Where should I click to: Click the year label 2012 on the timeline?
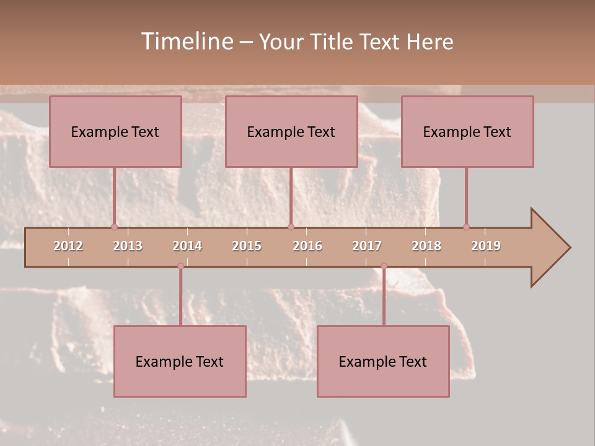[x=68, y=246]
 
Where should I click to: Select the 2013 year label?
[x=128, y=246]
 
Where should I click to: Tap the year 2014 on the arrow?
[x=187, y=246]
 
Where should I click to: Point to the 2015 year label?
[x=247, y=246]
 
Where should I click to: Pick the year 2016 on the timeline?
[x=307, y=246]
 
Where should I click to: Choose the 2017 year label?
[x=367, y=246]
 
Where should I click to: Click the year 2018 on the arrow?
[x=426, y=246]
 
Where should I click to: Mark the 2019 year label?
[x=486, y=246]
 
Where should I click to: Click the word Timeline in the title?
[x=186, y=42]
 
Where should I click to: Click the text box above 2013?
[x=115, y=131]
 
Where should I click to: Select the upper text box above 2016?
[x=291, y=131]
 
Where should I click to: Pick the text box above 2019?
[x=467, y=131]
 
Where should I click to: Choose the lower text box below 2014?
[x=180, y=361]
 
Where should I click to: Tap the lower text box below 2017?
[x=383, y=361]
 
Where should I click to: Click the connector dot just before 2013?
[x=114, y=227]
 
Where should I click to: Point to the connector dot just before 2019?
[x=466, y=227]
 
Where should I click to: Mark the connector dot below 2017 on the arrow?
[x=384, y=266]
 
